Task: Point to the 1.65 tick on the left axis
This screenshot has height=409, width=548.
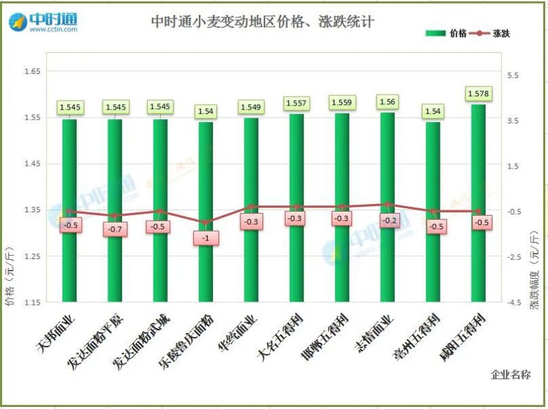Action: [32, 71]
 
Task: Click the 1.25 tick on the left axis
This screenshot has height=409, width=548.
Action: [32, 256]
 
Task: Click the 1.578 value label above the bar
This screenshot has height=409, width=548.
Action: [477, 93]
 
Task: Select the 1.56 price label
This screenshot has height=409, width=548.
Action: [386, 101]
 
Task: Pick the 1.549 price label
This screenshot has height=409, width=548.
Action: [251, 107]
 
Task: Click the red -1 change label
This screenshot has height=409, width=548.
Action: [206, 238]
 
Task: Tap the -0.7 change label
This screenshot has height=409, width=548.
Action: [114, 229]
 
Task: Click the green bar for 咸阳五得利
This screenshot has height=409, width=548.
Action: [477, 260]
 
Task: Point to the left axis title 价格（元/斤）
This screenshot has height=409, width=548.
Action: [9, 274]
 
